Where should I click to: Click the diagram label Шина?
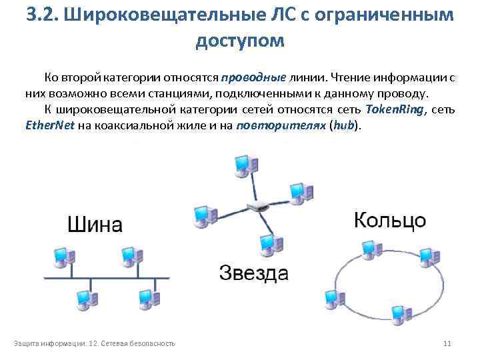coord(94,224)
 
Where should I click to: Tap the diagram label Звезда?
coord(254,273)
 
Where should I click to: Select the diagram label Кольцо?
coord(389,221)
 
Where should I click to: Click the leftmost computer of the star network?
coord(203,215)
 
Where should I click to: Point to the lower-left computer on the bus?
coord(85,299)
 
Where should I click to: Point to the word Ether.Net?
coord(45,125)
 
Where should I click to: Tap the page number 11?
coord(447,343)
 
